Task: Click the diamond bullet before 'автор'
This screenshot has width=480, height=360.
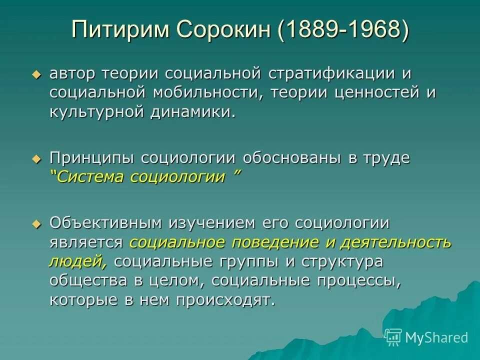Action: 35,74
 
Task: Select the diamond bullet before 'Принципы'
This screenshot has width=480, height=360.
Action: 35,158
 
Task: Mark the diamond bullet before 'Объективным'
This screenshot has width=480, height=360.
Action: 35,224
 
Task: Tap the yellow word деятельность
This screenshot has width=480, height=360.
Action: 396,242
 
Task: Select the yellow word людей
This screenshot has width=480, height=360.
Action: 79,261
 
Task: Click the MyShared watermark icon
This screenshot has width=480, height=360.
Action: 393,337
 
